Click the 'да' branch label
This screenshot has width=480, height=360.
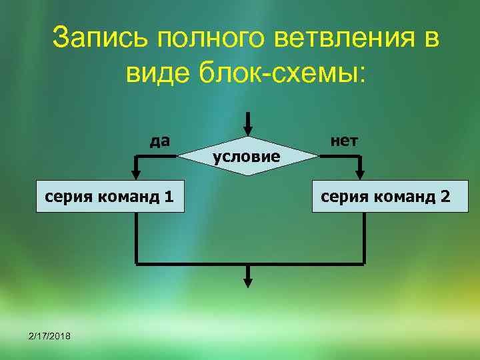point(160,141)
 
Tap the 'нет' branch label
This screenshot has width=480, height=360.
point(344,140)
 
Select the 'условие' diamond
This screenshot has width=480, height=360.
point(246,157)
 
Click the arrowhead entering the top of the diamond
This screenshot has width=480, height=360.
point(248,130)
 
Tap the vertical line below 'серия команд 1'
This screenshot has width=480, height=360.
point(136,237)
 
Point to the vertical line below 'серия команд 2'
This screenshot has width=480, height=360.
point(365,237)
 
